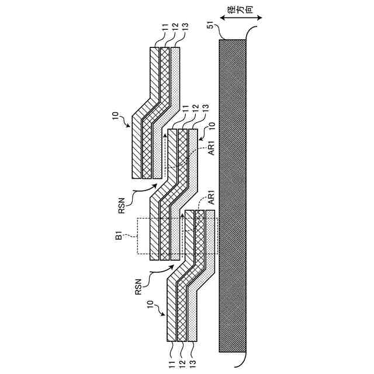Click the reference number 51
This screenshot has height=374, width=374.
point(210,26)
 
